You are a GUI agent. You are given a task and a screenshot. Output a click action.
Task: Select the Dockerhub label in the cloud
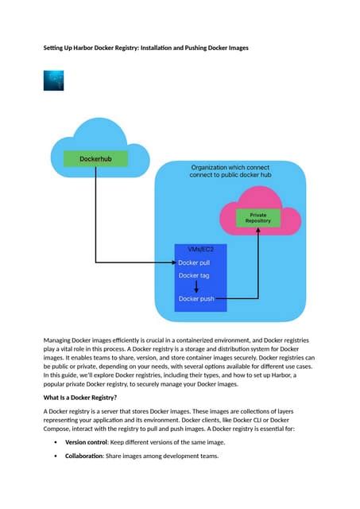pyautogui.click(x=95, y=160)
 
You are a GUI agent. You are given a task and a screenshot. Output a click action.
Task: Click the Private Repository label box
pyautogui.click(x=258, y=217)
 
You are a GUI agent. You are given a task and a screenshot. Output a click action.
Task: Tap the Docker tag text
pyautogui.click(x=194, y=276)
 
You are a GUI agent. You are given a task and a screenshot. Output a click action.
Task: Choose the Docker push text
pyautogui.click(x=196, y=299)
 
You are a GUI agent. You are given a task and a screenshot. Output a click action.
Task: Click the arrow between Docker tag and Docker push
pyautogui.click(x=195, y=287)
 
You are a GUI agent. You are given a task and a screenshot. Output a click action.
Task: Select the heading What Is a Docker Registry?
pyautogui.click(x=80, y=397)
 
